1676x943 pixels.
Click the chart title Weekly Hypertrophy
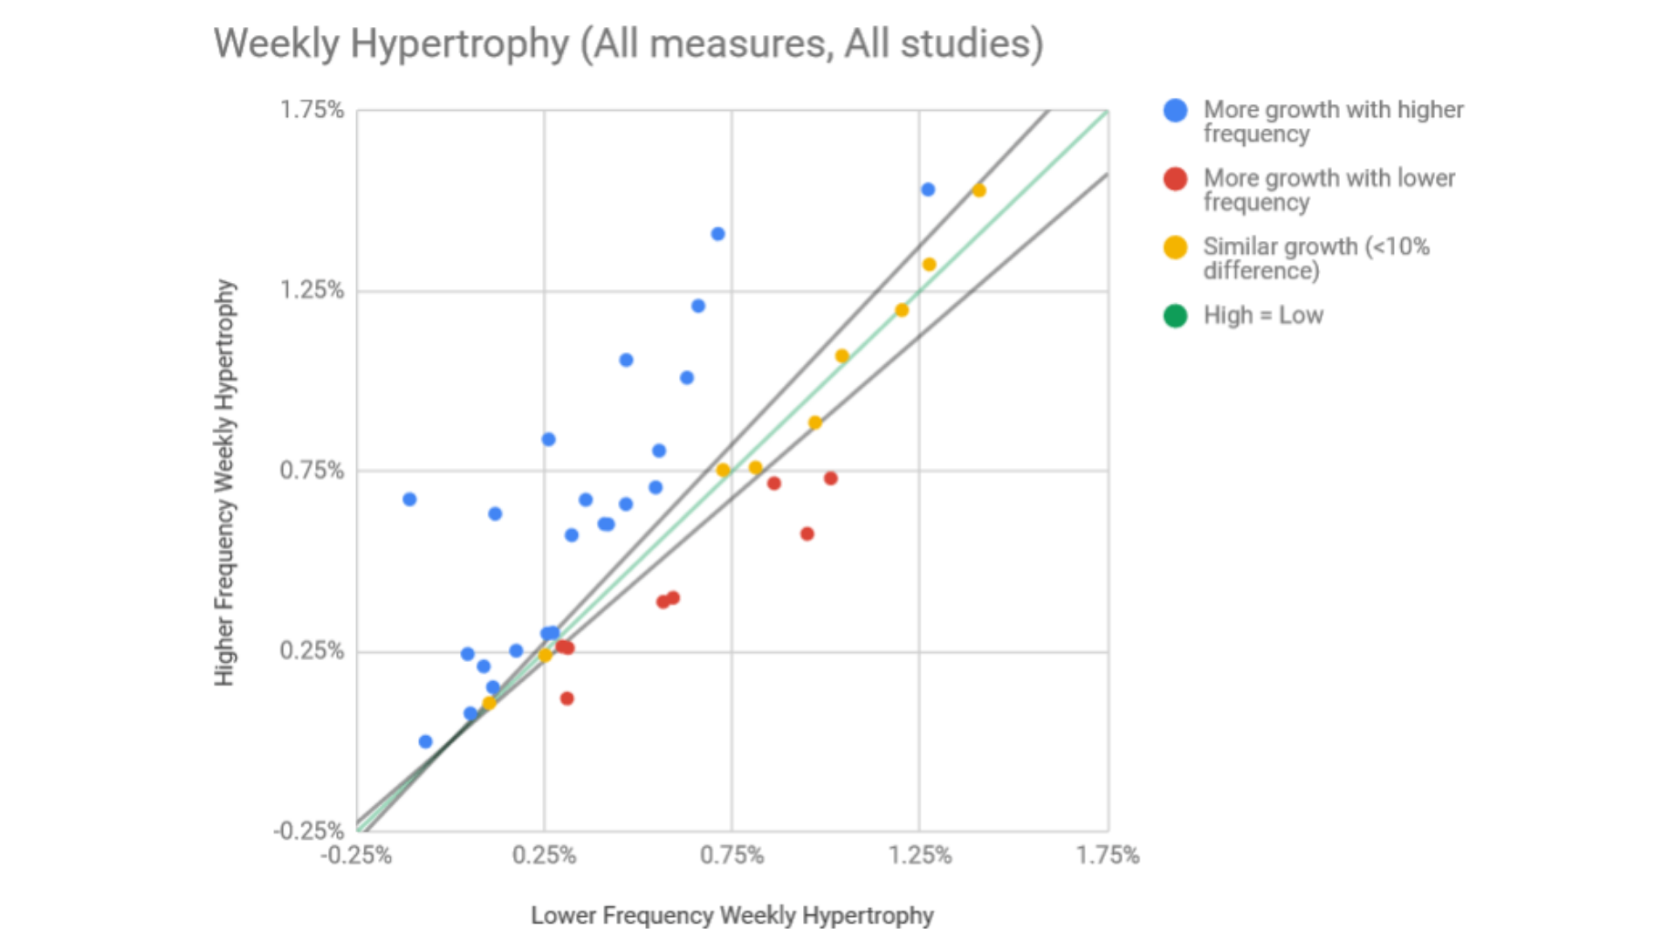(628, 44)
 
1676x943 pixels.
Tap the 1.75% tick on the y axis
(312, 110)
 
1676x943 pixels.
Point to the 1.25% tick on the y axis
(312, 290)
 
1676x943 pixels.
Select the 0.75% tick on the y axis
(312, 471)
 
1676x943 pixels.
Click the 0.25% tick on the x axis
(544, 856)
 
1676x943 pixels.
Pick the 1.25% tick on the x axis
(920, 856)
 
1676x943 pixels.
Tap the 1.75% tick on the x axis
(1108, 856)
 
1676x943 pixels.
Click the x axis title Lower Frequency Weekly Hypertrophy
(732, 915)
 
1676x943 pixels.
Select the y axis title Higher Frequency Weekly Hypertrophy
(225, 482)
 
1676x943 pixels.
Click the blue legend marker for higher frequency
(1176, 110)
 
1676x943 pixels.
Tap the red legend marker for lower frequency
(1176, 179)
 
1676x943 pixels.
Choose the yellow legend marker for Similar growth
(1176, 247)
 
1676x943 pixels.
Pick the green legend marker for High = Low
(1176, 315)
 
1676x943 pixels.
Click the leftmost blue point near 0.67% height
(409, 499)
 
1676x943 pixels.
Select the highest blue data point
(928, 189)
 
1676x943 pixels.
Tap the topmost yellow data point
(979, 190)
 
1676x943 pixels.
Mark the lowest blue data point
(425, 741)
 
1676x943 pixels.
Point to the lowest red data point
(567, 699)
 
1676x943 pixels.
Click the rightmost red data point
(831, 478)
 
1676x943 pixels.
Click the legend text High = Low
(1263, 315)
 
